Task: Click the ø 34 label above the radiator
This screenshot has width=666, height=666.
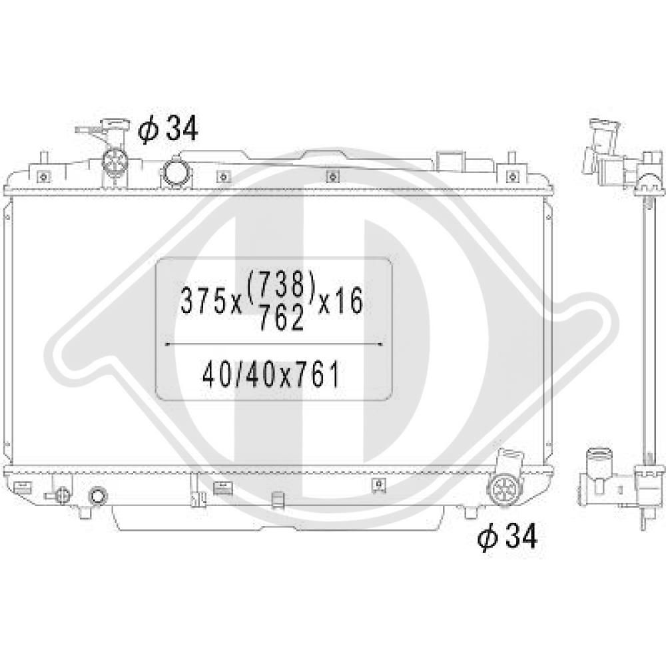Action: click(168, 129)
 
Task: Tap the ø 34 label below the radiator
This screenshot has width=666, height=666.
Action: click(507, 536)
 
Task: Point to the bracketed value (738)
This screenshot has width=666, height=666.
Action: click(280, 284)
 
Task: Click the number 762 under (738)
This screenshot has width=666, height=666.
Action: click(281, 318)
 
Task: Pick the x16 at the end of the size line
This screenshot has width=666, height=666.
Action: click(340, 300)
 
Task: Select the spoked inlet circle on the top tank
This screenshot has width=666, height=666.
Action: click(115, 161)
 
